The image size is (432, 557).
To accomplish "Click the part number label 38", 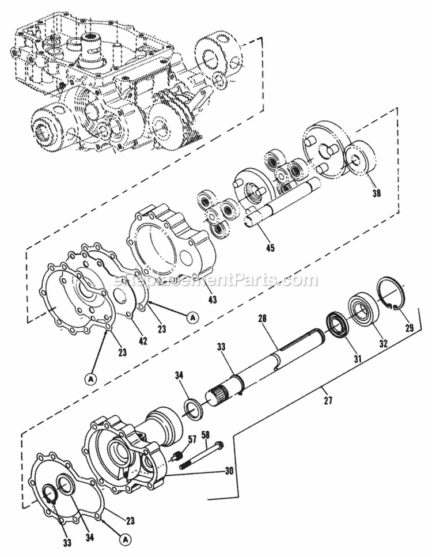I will [x=376, y=194].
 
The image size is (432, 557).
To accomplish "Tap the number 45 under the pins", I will [x=270, y=248].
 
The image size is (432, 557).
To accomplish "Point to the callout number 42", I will [x=143, y=340].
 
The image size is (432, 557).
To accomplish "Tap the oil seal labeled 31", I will [x=337, y=325].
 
